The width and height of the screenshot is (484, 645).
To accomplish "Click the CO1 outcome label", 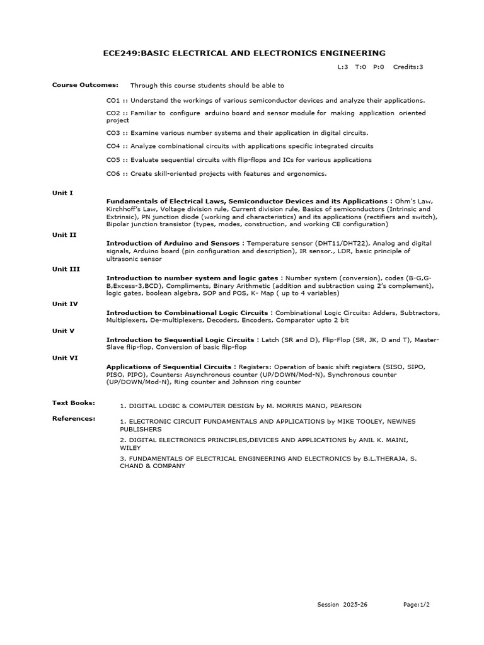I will tap(113, 100).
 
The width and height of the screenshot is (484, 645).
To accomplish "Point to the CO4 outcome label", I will tap(113, 146).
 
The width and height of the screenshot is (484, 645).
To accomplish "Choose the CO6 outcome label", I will tap(113, 174).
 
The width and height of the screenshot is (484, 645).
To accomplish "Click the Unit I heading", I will tap(62, 193).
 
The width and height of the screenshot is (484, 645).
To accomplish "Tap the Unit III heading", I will tap(66, 269).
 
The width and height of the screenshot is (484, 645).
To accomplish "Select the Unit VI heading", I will tap(65, 357).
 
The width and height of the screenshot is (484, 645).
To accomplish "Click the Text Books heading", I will tap(73, 402).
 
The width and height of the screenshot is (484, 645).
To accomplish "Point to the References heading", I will tap(74, 418).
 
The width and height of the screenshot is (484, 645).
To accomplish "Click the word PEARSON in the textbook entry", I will tap(345, 406).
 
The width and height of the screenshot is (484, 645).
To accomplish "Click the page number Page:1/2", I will tap(417, 605).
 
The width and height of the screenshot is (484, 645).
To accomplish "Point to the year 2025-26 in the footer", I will tap(355, 605).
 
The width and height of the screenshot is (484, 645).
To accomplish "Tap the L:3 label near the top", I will tap(343, 66).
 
